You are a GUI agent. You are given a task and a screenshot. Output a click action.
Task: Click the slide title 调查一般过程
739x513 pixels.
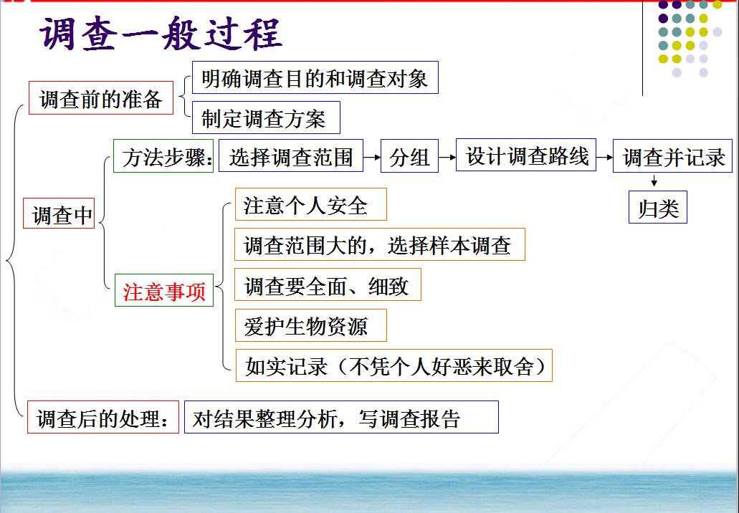[x=161, y=33]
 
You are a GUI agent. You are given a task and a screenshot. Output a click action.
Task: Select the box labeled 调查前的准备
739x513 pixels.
[x=101, y=98]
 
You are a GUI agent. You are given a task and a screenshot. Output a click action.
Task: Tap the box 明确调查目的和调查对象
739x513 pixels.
[x=315, y=77]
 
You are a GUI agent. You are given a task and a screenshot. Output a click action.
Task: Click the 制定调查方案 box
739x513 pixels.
[x=266, y=118]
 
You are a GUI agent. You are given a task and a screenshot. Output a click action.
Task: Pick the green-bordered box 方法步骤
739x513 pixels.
[x=163, y=156]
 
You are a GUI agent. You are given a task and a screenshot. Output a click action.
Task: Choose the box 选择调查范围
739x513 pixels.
[x=291, y=156]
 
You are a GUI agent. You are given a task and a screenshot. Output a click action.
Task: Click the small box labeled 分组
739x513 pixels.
[x=409, y=156]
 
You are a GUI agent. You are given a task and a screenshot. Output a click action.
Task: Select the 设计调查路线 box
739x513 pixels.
[x=526, y=155]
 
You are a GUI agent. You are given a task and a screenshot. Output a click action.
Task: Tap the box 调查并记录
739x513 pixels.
[x=672, y=156]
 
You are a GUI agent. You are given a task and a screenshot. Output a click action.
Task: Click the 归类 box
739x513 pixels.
[x=658, y=207]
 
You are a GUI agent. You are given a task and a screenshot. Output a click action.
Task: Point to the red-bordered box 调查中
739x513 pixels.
[x=59, y=214]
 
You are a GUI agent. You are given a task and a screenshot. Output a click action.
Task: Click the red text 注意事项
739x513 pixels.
[x=164, y=292]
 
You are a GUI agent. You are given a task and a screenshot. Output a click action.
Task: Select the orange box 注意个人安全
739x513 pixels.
[x=310, y=204]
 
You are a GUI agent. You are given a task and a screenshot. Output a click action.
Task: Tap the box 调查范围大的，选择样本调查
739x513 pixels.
[x=380, y=244]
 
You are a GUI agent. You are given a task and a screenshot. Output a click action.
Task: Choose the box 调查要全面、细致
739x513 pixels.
[x=328, y=284]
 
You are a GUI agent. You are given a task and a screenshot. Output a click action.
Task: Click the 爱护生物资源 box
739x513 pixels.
[x=310, y=325]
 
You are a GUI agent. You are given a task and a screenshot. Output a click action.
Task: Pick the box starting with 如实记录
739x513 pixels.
[x=394, y=365]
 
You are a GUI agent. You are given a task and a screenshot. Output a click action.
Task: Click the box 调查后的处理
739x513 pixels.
[x=103, y=417]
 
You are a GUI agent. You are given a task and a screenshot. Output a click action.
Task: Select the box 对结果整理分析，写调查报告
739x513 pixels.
[x=341, y=417]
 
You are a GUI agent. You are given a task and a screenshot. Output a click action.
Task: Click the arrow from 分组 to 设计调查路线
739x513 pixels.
[x=447, y=157]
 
